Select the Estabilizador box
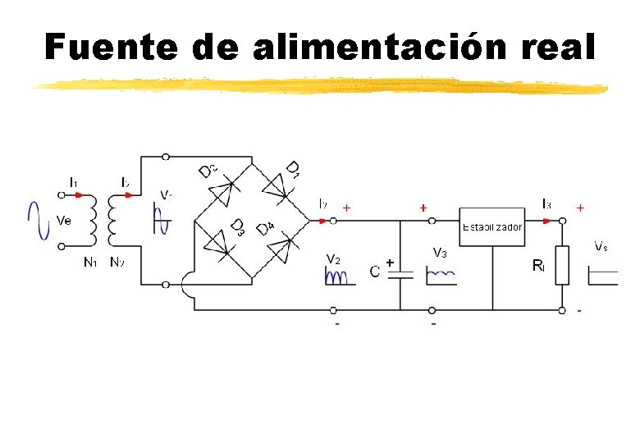(x=491, y=221)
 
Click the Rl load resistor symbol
(x=562, y=265)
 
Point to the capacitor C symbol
(x=400, y=274)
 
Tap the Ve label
(x=64, y=220)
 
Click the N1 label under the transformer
(x=90, y=263)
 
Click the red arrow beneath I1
(x=76, y=195)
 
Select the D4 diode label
(x=265, y=229)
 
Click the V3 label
(x=439, y=253)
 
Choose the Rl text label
(x=538, y=265)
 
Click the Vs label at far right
(x=601, y=245)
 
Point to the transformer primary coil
(x=92, y=220)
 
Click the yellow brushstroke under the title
(x=320, y=85)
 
